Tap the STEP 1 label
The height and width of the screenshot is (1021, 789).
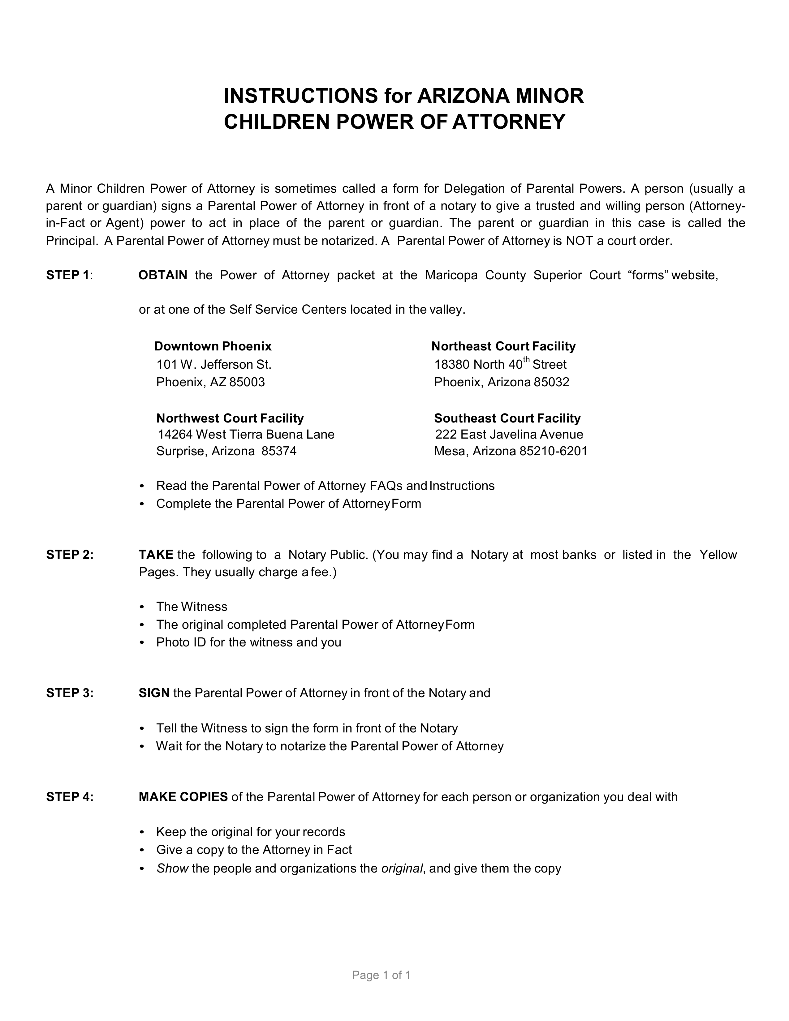(67, 275)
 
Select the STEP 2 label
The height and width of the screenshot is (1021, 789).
(70, 555)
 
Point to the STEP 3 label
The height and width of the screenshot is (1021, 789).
(70, 693)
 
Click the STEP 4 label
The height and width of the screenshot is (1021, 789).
(70, 797)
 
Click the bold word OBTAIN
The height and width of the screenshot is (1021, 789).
(163, 275)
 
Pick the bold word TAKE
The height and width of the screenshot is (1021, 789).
(156, 555)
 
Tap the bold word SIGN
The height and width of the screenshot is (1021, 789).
(154, 693)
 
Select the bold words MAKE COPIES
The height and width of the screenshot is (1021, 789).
(183, 797)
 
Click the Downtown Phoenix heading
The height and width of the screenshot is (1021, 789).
(213, 346)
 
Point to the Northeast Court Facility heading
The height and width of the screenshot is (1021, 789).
(503, 346)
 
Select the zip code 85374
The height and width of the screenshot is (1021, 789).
(279, 451)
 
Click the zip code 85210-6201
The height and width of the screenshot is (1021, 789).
(553, 451)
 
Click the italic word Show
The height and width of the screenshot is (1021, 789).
(172, 869)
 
